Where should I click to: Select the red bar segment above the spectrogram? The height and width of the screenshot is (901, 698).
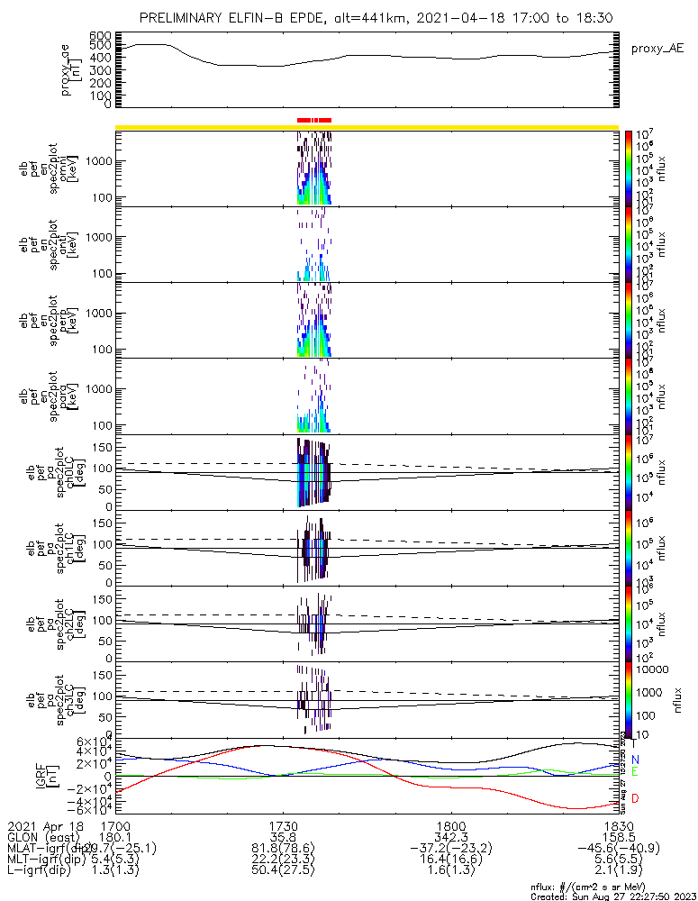click(x=314, y=119)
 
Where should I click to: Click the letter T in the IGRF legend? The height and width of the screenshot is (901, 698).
click(x=635, y=743)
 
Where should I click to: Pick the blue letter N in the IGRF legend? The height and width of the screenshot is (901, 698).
click(x=635, y=760)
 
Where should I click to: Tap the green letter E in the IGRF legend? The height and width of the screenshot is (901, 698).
click(x=635, y=772)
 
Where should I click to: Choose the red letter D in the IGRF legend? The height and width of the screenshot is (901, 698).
click(x=635, y=799)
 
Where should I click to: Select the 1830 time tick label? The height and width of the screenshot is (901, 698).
click(x=618, y=824)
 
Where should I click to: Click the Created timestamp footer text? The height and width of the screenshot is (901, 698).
click(x=612, y=895)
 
